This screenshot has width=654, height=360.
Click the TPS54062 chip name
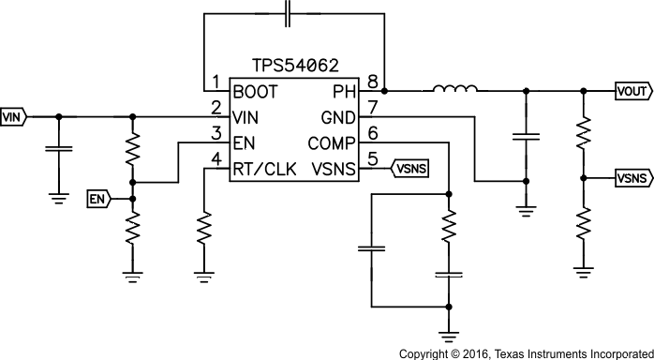[294, 66]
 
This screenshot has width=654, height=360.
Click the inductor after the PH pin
[455, 90]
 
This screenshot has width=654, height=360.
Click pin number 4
[216, 158]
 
